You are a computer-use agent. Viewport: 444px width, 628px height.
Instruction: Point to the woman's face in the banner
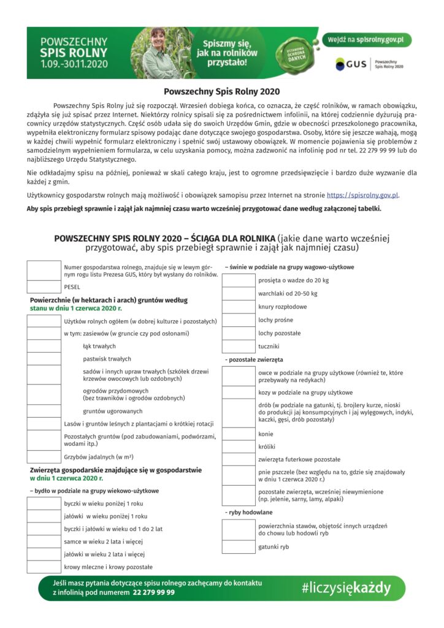pyautogui.click(x=158, y=38)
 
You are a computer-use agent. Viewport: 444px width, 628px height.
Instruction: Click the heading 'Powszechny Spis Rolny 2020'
pyautogui.click(x=221, y=91)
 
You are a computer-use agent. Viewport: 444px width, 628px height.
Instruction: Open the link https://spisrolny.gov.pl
pyautogui.click(x=362, y=195)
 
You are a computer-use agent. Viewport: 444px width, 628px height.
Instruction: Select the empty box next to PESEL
pyautogui.click(x=44, y=286)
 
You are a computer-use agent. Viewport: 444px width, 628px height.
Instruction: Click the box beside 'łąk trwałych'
pyautogui.click(x=44, y=346)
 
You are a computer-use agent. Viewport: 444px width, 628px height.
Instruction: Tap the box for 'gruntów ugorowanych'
pyautogui.click(x=44, y=411)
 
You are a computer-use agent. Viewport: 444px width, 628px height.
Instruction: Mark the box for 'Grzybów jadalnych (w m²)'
pyautogui.click(x=44, y=457)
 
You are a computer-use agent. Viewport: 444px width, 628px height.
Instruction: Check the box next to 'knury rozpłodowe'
pyautogui.click(x=238, y=307)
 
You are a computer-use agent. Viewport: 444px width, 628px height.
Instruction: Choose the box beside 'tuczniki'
pyautogui.click(x=238, y=347)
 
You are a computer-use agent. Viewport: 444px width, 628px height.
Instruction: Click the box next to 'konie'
pyautogui.click(x=238, y=434)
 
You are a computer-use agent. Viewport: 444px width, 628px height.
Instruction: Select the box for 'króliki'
pyautogui.click(x=238, y=446)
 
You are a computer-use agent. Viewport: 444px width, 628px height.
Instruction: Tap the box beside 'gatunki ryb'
pyautogui.click(x=238, y=546)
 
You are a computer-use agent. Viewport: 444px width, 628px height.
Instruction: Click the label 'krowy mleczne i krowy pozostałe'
pyautogui.click(x=109, y=567)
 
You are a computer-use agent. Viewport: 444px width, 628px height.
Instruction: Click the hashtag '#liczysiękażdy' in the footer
pyautogui.click(x=346, y=588)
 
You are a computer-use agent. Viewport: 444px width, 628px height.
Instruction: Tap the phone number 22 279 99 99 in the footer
pyautogui.click(x=153, y=592)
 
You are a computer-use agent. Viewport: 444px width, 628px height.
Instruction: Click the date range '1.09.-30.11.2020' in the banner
pyautogui.click(x=74, y=63)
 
